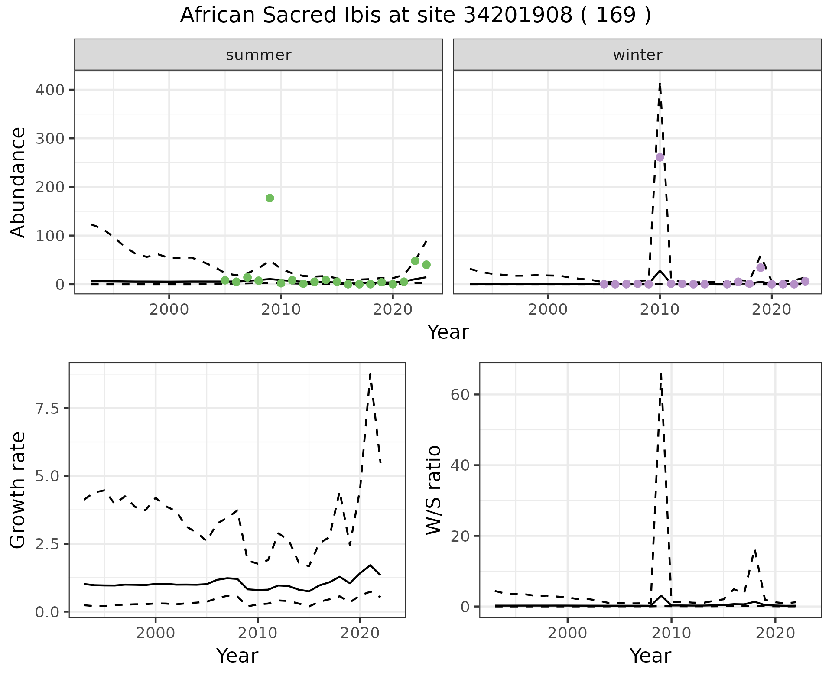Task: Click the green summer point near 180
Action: point(270,198)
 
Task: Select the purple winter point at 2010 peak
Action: point(660,157)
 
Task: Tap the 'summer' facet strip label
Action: point(259,55)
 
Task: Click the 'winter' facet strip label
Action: point(637,55)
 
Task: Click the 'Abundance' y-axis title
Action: point(18,182)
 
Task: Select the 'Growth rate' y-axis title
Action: point(18,490)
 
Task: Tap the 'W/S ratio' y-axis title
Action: point(433,490)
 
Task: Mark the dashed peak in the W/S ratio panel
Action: point(661,374)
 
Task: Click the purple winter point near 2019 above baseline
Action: point(760,267)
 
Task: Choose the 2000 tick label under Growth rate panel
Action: point(156,633)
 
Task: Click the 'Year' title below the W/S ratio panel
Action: point(650,656)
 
